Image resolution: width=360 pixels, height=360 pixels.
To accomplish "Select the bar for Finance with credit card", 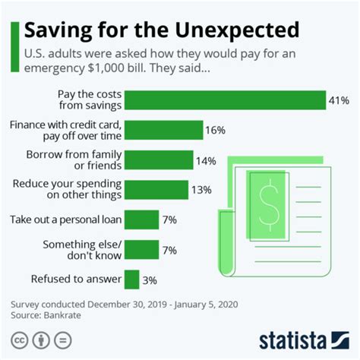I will [x=163, y=130].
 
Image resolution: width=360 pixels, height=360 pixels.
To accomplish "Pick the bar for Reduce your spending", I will [x=156, y=190].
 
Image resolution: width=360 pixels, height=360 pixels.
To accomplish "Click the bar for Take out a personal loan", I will [x=141, y=220].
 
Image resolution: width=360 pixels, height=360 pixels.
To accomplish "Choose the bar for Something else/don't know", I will [x=141, y=249].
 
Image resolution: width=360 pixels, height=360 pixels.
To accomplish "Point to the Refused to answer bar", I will [x=131, y=279].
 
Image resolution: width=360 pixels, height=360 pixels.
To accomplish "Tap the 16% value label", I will [x=215, y=131].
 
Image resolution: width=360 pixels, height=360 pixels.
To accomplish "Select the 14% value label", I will [x=206, y=160].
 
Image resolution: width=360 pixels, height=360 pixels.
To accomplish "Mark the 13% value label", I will [x=201, y=190].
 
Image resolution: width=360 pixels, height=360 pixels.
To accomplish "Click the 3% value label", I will [x=149, y=279].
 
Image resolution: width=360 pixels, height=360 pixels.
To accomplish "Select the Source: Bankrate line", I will [x=47, y=314].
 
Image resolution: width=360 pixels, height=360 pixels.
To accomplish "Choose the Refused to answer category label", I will [x=66, y=279].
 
